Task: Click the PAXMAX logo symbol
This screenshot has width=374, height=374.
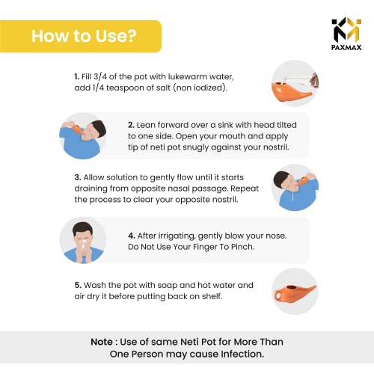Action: pos(346,29)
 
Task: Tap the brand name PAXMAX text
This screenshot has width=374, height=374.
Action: pos(346,47)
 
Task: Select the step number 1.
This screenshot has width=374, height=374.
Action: pos(76,76)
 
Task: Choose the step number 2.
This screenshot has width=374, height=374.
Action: pos(131,125)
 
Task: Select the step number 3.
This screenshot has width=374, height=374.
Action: pos(78,177)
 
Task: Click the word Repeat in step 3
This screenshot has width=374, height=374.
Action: pos(245,188)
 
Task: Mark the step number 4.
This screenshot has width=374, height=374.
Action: pos(132,236)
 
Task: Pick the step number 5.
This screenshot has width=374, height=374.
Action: pos(78,285)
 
